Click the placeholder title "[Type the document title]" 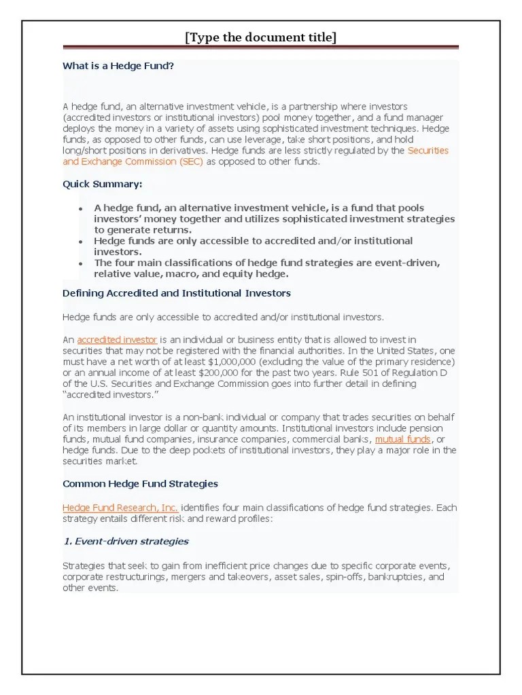point(260,37)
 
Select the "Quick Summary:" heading point(102,184)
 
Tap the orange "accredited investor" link point(117,339)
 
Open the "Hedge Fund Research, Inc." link point(120,508)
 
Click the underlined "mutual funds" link point(402,439)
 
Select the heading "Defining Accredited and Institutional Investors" point(176,293)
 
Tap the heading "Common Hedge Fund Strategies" point(140,484)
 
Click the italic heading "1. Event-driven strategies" point(125,541)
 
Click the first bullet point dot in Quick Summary point(80,208)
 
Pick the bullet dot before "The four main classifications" point(80,263)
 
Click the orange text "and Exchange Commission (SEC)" point(133,162)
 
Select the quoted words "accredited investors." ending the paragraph point(105,394)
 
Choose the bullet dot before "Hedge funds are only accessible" point(80,242)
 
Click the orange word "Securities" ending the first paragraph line point(428,151)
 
